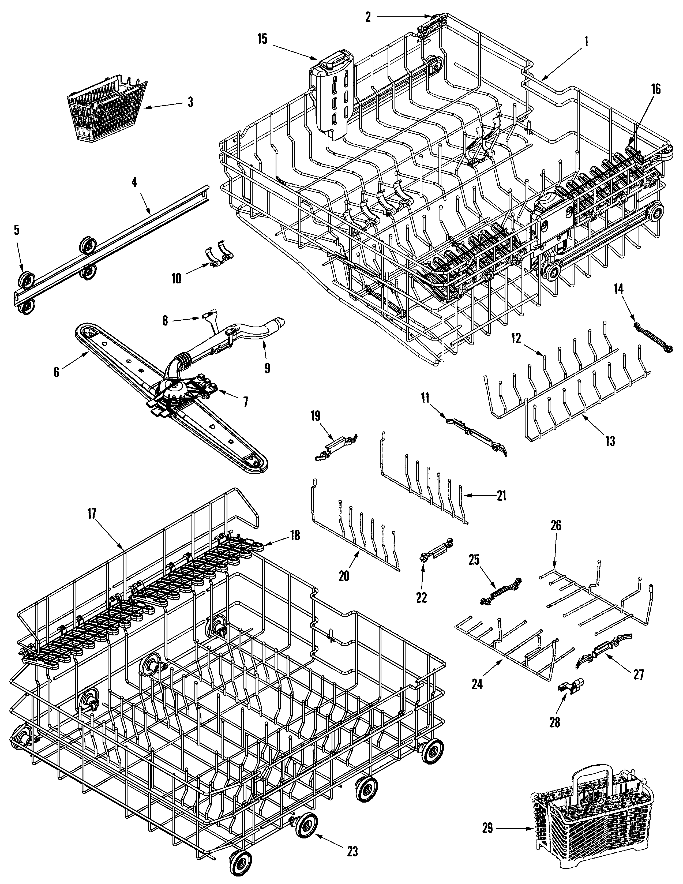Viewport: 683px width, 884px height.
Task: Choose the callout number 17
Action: pyautogui.click(x=91, y=514)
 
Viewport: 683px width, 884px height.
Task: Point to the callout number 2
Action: pyautogui.click(x=368, y=17)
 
